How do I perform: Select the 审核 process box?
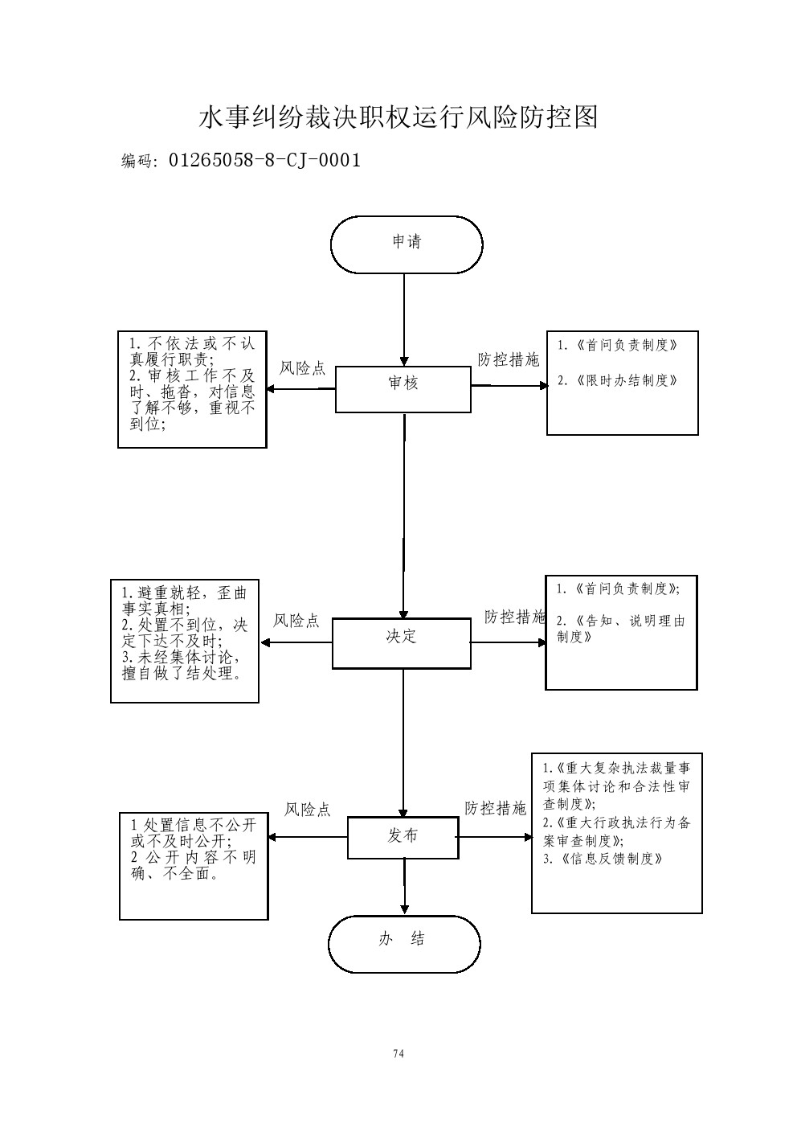[x=403, y=389]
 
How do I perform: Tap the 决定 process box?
[x=401, y=643]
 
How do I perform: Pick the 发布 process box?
[x=403, y=837]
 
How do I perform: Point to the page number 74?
[x=398, y=1054]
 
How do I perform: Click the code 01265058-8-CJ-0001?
[x=264, y=160]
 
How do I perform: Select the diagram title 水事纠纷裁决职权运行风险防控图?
[x=398, y=117]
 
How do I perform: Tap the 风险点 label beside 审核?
[x=302, y=369]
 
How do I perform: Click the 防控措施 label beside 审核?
[x=508, y=360]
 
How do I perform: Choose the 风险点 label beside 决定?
[x=296, y=621]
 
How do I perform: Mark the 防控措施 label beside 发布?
[x=495, y=809]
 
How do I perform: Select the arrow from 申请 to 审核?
[x=404, y=319]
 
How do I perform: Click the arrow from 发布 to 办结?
[x=404, y=887]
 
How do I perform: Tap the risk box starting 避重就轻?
[x=185, y=640]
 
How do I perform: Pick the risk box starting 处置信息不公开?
[x=194, y=865]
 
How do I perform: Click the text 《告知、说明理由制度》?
[x=620, y=629]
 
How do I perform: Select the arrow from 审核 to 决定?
[x=403, y=515]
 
